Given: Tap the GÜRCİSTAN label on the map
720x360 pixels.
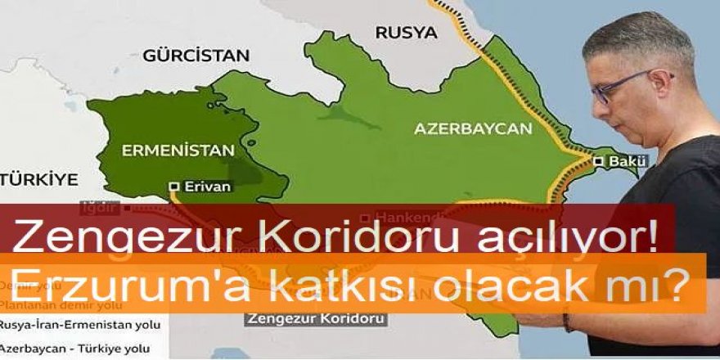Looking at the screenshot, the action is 196,56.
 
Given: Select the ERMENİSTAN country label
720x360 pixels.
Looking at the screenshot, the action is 177,150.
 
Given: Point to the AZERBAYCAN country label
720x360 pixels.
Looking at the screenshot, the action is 473,128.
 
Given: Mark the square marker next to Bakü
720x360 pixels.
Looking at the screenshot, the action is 600,162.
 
